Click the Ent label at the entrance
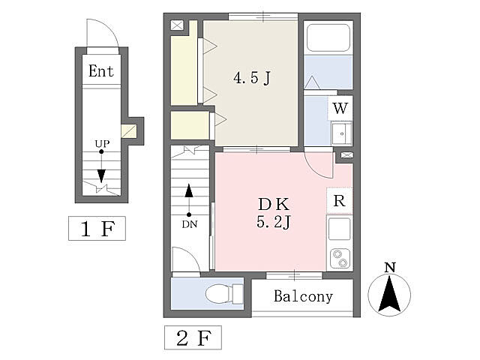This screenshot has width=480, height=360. coord(101,71)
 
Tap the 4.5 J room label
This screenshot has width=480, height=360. coord(251,77)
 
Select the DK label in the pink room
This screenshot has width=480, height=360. coord(274,203)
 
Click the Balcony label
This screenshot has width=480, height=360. coord(303,296)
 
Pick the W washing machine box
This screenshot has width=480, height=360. coord(340,106)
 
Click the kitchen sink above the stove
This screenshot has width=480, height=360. coord(340,228)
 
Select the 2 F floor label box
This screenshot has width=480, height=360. coord(193,338)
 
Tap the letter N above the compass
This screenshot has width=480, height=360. coord(389,268)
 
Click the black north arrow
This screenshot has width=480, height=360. coord(389,295)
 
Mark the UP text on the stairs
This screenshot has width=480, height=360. coord(101,143)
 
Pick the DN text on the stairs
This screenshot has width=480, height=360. coord(189,223)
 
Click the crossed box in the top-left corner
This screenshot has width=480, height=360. coord(176,25)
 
